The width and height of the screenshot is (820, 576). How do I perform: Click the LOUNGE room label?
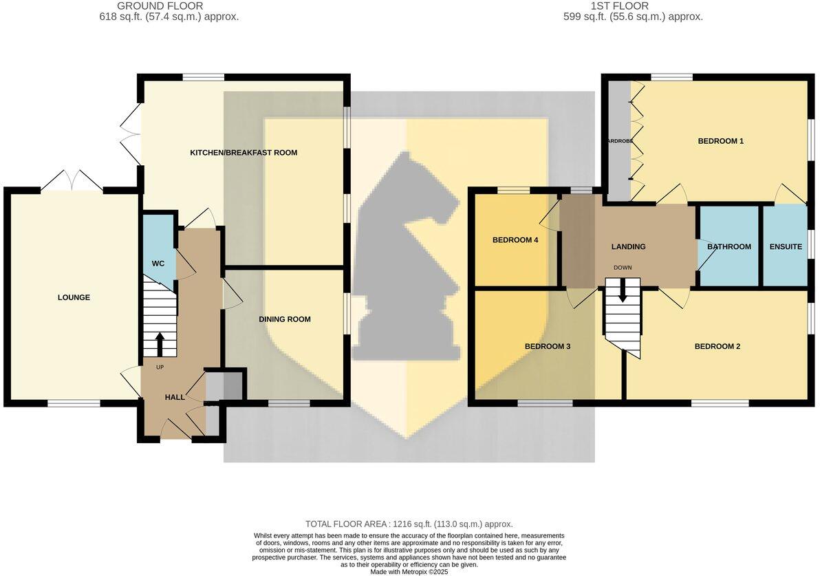(74, 297)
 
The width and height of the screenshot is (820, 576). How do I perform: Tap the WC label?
(158, 264)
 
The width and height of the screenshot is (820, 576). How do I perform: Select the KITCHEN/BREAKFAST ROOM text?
(244, 152)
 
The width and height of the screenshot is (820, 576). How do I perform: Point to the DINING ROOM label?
(284, 319)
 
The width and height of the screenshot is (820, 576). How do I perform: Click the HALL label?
(175, 397)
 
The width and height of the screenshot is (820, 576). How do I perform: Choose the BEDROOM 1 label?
(720, 141)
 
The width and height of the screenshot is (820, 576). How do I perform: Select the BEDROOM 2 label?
(717, 346)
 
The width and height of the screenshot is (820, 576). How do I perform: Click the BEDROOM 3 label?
(548, 346)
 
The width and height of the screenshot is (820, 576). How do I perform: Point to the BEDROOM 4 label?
(515, 240)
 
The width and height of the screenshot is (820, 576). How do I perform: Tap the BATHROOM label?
(729, 246)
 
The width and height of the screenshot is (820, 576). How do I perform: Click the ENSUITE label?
(786, 246)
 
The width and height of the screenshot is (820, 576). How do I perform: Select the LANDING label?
(628, 246)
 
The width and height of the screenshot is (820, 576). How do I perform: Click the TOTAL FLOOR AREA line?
(409, 524)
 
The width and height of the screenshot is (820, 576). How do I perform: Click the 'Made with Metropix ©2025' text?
(409, 571)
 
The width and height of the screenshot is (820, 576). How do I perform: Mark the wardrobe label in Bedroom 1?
(619, 141)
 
